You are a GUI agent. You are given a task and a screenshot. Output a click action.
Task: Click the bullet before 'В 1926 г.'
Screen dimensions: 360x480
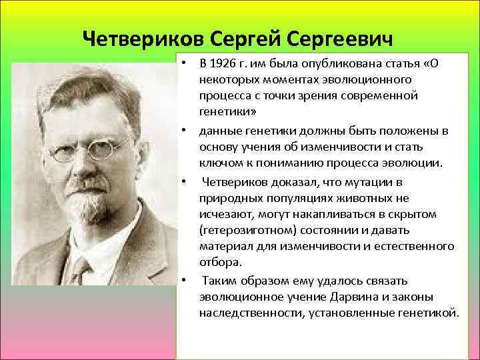[181, 63]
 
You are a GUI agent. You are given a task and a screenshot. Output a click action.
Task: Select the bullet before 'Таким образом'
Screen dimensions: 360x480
[181, 280]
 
